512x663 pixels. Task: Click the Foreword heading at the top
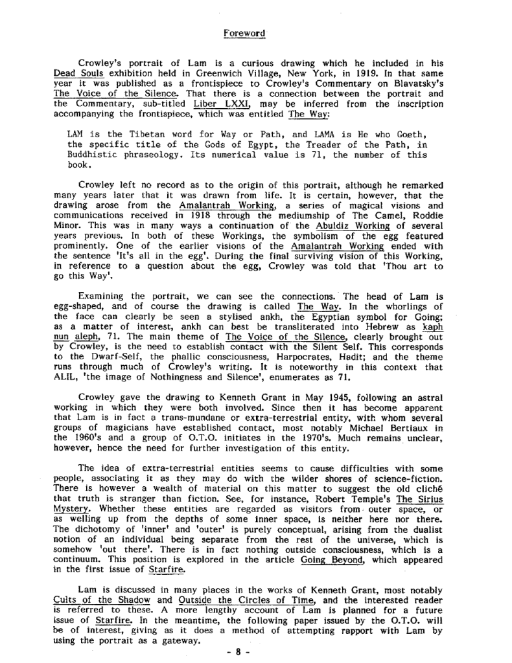point(244,32)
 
